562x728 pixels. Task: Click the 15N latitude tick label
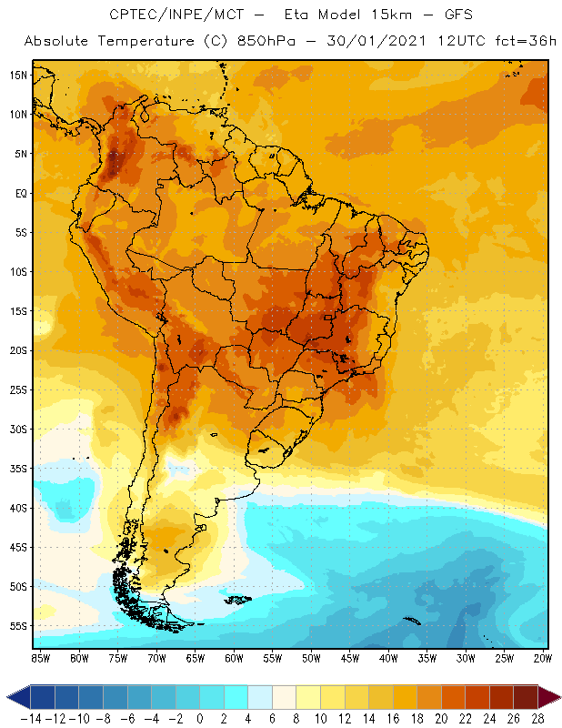pos(17,75)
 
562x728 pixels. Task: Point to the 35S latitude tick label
pos(17,469)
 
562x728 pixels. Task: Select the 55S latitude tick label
pos(17,626)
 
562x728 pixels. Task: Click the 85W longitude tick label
pos(41,658)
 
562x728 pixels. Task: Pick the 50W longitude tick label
pos(312,658)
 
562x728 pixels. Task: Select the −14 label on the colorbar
pos(30,718)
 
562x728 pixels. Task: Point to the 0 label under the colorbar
pos(200,718)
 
